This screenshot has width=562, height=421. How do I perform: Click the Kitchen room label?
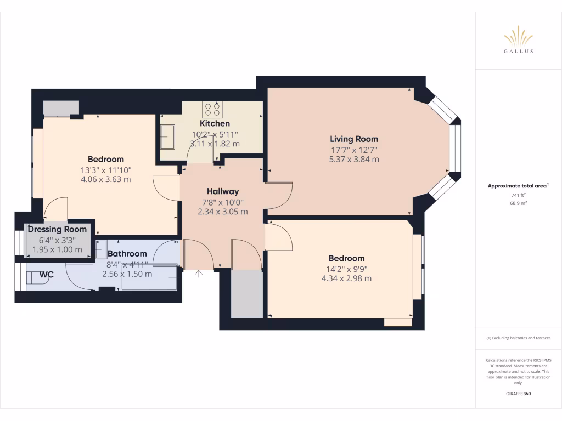click(x=215, y=123)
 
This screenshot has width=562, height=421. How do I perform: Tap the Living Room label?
click(x=353, y=139)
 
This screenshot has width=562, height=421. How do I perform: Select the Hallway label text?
click(x=222, y=191)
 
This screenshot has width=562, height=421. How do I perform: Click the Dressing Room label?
click(x=57, y=229)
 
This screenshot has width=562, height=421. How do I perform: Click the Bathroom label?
click(x=127, y=253)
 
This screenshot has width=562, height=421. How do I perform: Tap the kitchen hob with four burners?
click(x=213, y=109)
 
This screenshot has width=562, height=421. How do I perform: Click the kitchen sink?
click(x=167, y=136)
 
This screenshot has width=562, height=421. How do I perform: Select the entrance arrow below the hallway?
click(x=199, y=274)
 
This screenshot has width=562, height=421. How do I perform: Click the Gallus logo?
click(x=519, y=41)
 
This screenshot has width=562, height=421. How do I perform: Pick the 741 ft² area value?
click(x=519, y=195)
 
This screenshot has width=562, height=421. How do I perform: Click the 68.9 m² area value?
click(x=519, y=203)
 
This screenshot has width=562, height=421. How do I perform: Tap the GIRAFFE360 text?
click(x=519, y=394)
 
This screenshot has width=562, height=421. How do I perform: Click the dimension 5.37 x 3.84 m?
click(x=353, y=160)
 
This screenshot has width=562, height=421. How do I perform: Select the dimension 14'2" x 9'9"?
click(x=346, y=269)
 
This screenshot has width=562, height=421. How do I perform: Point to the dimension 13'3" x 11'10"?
click(x=105, y=169)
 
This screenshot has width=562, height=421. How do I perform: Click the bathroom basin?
click(x=102, y=249)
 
